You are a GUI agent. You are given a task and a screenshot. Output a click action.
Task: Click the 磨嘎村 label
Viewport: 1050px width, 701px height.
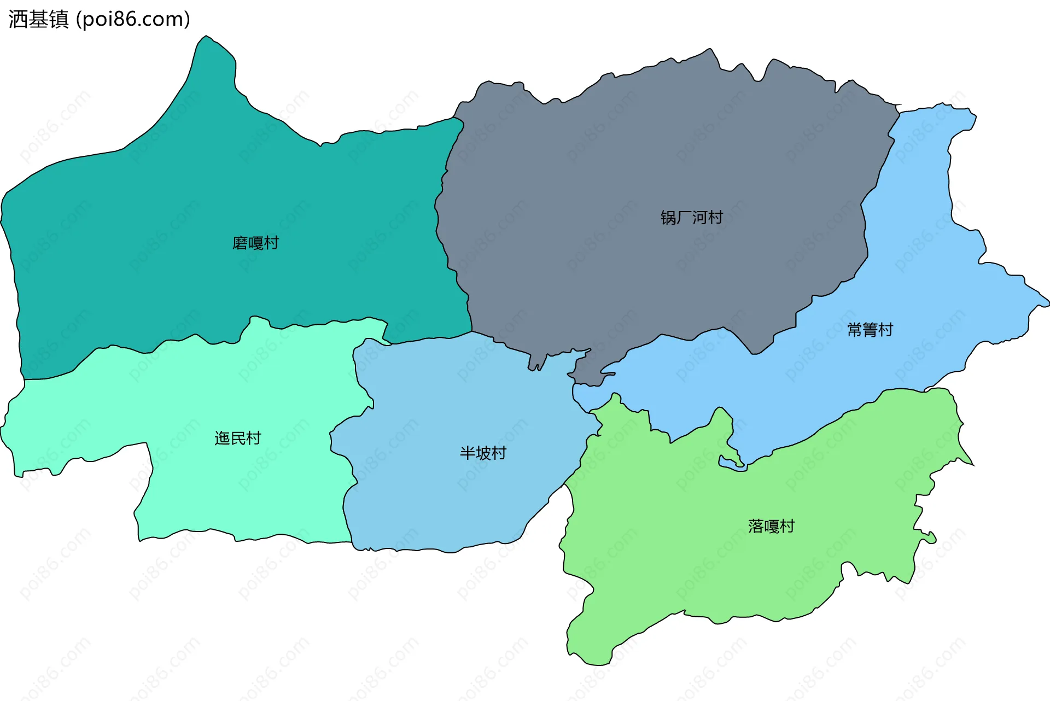pos(255,243)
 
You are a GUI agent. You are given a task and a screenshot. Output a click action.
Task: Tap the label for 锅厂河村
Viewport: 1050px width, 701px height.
pos(691,218)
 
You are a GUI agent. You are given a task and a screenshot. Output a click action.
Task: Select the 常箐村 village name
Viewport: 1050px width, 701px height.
pos(870,330)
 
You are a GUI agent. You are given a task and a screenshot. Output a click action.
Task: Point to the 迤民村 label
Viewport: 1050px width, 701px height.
pos(237,438)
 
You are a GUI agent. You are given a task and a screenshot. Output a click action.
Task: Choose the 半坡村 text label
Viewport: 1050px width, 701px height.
pos(483,453)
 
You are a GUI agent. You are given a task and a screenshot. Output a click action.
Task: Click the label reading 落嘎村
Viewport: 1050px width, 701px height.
pos(771,526)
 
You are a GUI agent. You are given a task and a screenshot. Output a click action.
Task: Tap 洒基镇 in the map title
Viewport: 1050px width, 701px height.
pos(38,20)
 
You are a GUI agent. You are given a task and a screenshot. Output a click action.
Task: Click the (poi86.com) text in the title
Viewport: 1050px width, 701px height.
pos(133,20)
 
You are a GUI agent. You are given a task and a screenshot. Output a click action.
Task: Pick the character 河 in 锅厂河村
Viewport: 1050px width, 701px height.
pos(699,218)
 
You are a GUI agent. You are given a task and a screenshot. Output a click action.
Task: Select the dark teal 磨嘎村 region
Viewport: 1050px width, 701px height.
pos(164,219)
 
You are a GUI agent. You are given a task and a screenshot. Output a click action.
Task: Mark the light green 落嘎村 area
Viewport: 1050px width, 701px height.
pos(711,547)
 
